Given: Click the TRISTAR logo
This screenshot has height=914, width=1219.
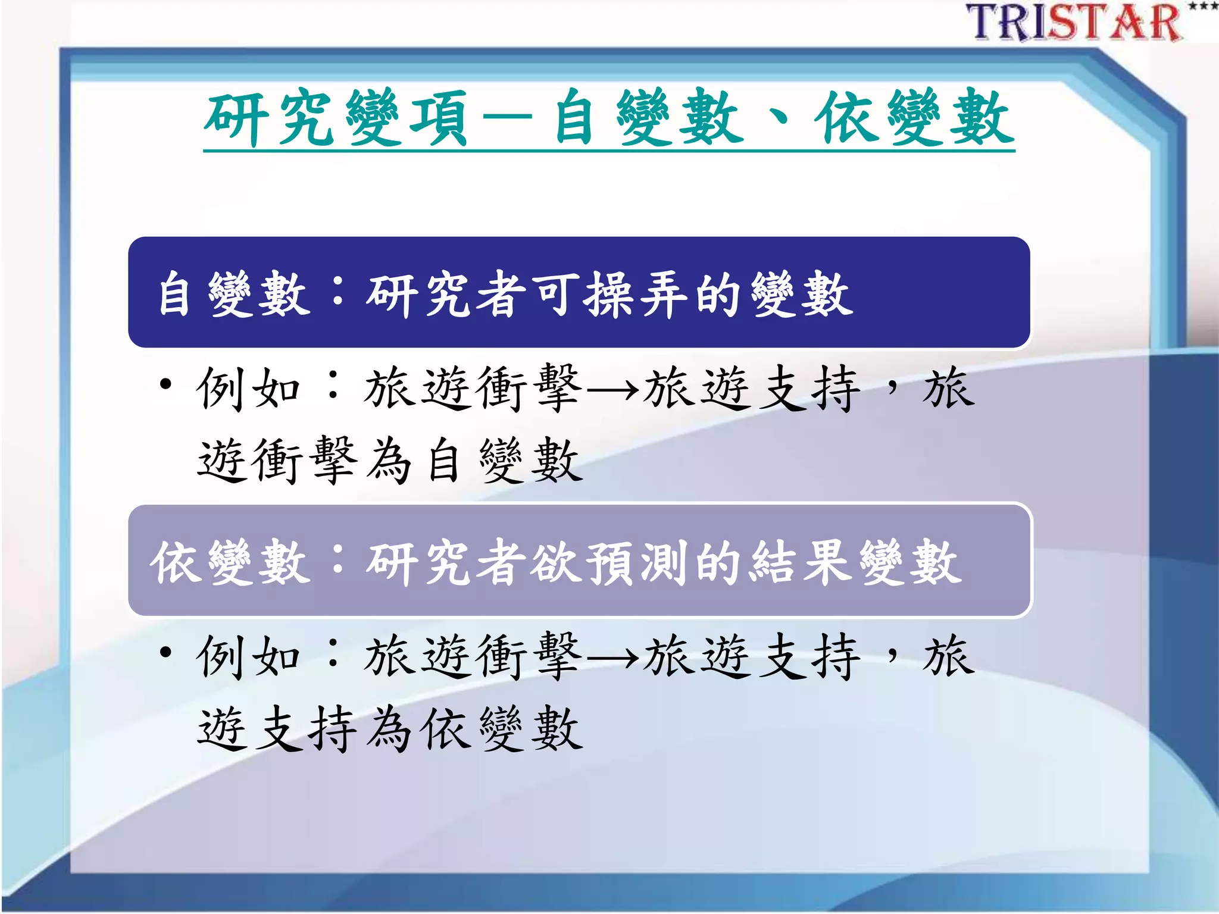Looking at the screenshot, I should (1074, 23).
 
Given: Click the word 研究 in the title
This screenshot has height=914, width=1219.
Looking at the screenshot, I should (271, 118).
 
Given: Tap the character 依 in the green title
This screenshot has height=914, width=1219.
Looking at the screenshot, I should (848, 118).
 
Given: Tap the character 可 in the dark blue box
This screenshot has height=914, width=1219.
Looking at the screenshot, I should (556, 295).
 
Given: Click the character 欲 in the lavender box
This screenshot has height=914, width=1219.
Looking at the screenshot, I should (556, 562).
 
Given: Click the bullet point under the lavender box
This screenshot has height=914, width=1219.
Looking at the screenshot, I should (166, 652).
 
